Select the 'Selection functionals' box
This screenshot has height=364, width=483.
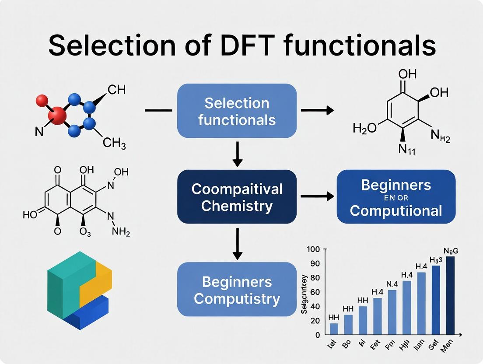click(237, 111)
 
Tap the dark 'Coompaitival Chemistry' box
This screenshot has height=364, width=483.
click(237, 197)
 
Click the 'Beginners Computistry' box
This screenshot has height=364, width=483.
click(237, 290)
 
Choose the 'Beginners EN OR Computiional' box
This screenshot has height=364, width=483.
click(396, 197)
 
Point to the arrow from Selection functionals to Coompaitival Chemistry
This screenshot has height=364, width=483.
click(237, 154)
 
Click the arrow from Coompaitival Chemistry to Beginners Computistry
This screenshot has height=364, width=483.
click(237, 242)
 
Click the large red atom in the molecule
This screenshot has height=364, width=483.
click(58, 116)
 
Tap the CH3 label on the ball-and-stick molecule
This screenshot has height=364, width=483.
click(114, 143)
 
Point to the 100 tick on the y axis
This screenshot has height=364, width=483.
click(315, 249)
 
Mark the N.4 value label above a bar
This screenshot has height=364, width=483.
click(392, 284)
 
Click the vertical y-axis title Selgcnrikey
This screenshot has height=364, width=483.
click(304, 294)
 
